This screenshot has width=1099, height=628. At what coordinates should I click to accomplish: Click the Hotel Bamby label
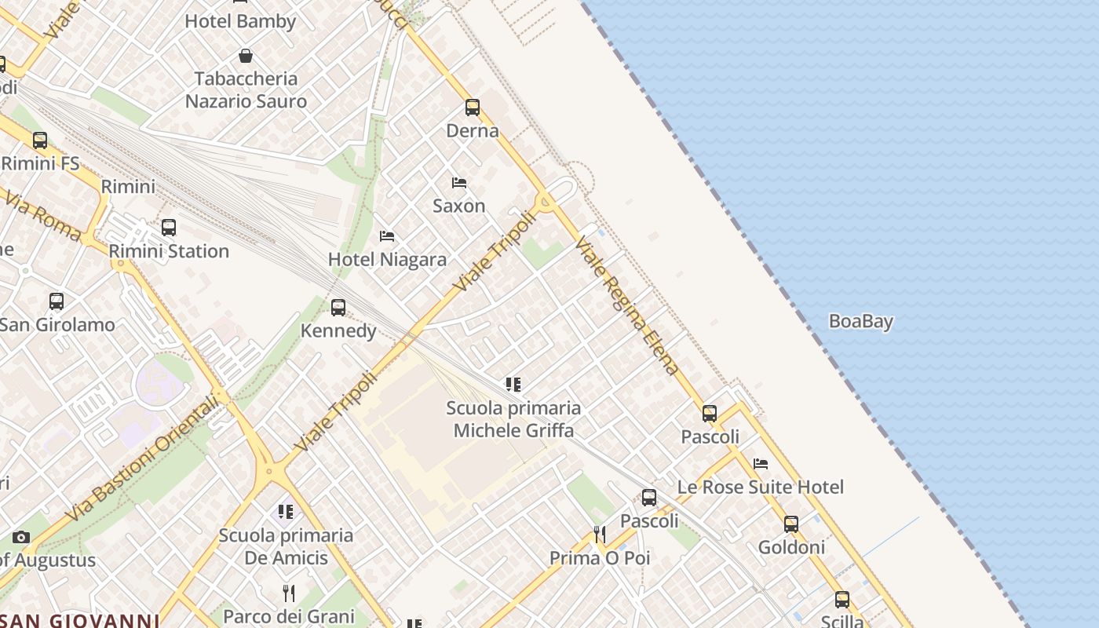(240, 21)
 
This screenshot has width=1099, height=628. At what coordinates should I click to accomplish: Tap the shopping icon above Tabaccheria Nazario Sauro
(246, 56)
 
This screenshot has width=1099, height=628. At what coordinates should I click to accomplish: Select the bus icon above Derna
(473, 108)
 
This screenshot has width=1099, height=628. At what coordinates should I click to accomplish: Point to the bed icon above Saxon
(459, 183)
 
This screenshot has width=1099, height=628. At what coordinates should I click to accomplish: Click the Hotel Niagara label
(387, 259)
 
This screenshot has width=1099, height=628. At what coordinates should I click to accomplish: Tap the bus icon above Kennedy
(338, 308)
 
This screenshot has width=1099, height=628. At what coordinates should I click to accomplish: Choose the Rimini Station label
(169, 251)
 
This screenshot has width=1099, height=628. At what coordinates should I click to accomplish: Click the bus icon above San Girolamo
(57, 301)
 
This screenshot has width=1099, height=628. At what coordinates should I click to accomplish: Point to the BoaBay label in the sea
(861, 321)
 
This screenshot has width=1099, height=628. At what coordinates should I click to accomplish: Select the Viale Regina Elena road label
(626, 306)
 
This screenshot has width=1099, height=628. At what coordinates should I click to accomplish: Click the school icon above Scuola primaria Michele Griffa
(513, 385)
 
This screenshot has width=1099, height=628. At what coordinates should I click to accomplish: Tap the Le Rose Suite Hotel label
(760, 487)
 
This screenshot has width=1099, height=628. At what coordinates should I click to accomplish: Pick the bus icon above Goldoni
(791, 524)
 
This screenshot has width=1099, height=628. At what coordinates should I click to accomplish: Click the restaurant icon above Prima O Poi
(600, 535)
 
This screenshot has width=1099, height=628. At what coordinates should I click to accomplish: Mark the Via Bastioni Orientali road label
(141, 459)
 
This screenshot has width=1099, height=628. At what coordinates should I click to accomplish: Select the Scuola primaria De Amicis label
(286, 546)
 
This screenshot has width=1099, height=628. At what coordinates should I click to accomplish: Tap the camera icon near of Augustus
(21, 538)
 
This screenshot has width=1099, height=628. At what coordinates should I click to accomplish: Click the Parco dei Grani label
(289, 616)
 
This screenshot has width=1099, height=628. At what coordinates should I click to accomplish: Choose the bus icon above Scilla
(842, 600)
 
